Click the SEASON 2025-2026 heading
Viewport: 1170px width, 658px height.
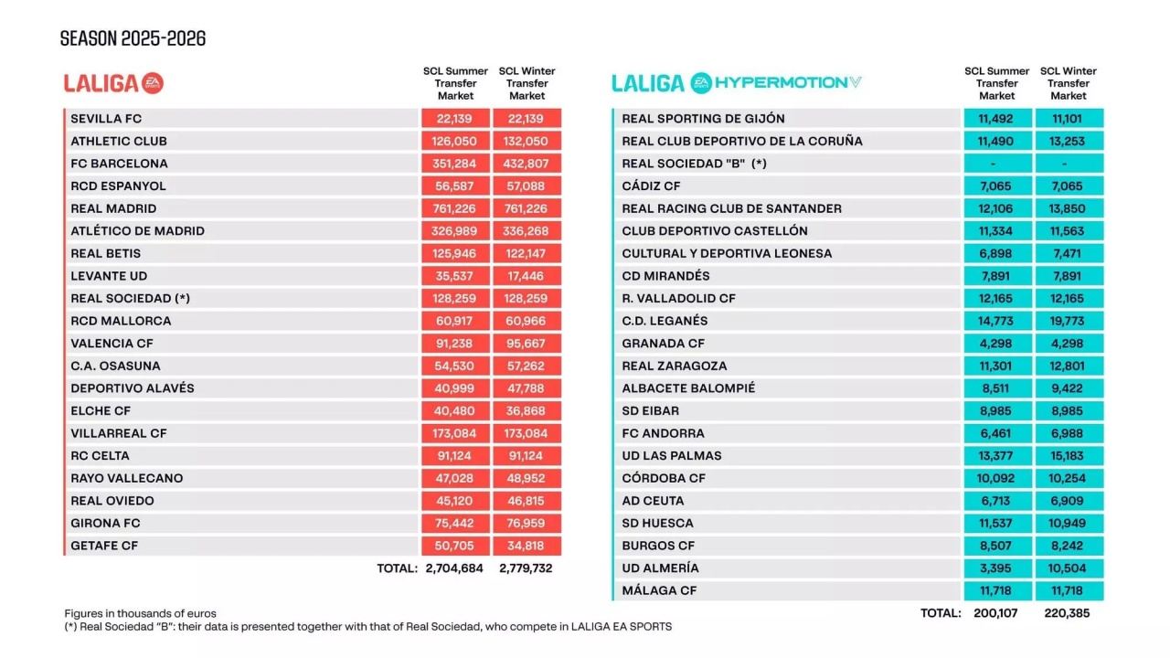tap(133, 38)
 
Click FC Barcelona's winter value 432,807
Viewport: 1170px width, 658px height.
tap(526, 164)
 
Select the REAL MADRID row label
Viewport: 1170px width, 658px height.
tap(113, 208)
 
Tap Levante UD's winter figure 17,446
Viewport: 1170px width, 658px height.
tap(526, 276)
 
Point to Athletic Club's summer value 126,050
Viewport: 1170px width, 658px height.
tap(455, 141)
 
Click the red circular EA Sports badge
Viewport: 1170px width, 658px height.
tap(153, 83)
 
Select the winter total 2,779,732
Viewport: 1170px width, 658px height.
tap(526, 568)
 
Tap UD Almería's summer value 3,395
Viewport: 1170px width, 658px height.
tap(997, 568)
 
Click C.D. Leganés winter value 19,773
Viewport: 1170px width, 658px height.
tap(1069, 321)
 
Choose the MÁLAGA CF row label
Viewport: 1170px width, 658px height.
tap(659, 590)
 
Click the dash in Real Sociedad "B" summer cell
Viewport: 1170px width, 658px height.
tap(997, 164)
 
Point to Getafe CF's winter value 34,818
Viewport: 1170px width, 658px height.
tap(526, 546)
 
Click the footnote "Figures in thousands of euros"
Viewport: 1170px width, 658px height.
tap(140, 613)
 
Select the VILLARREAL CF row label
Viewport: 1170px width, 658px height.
tap(119, 433)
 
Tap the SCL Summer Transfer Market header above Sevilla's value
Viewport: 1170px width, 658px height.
tap(455, 83)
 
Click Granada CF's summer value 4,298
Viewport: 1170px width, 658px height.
tap(997, 344)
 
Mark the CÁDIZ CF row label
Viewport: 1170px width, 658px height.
tap(653, 186)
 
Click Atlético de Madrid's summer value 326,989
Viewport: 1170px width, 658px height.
tap(455, 231)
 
